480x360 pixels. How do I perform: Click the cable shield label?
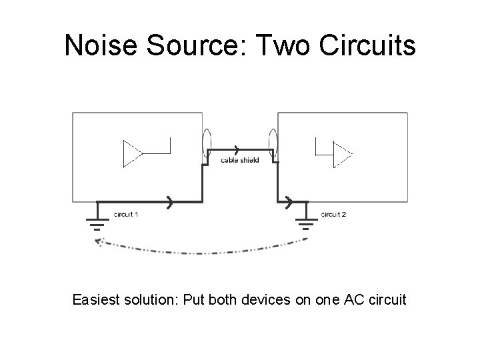point(240,160)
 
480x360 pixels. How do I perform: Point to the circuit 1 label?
point(127,214)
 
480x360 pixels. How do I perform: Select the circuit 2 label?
point(333,214)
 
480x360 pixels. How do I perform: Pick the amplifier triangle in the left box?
point(131,153)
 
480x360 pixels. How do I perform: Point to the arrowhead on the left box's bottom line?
point(171,201)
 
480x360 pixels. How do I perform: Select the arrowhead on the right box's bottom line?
point(289,201)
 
